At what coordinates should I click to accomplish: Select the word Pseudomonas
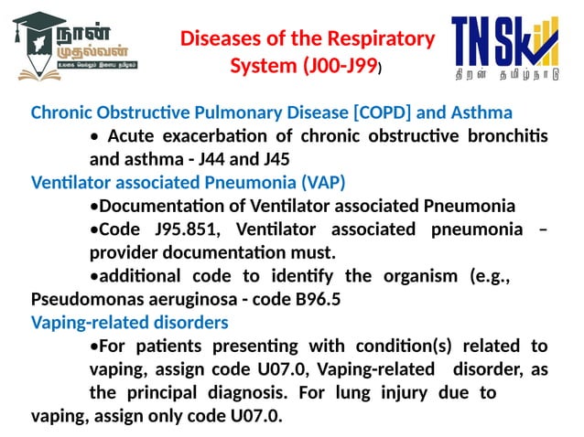click(88, 299)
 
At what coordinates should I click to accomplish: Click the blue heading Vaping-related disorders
click(130, 322)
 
